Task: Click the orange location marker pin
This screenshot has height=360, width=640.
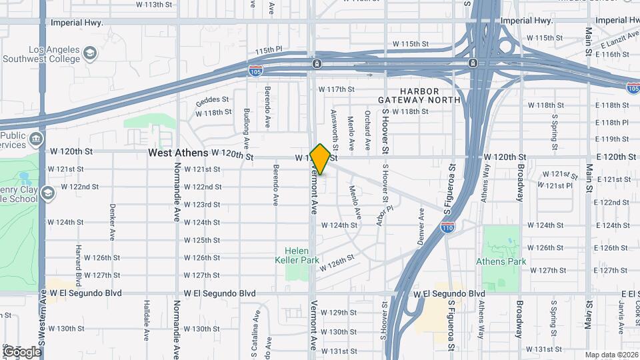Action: point(321,159)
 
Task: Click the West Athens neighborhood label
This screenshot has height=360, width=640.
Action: point(178,153)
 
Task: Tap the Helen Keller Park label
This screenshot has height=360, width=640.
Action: point(297,255)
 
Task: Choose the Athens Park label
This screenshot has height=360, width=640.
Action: point(501,261)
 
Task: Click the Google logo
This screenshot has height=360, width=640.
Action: point(22,351)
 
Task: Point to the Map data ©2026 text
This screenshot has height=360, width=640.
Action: point(611,355)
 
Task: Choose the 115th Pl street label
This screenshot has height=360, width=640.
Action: point(269,51)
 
